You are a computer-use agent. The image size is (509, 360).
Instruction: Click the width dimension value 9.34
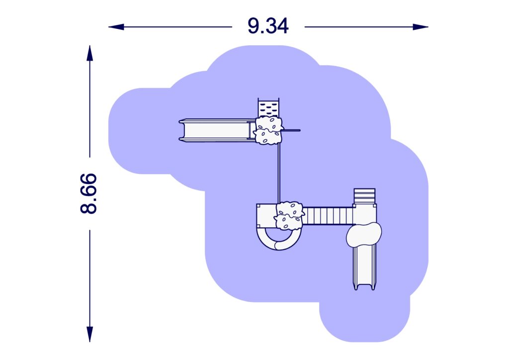point(268,26)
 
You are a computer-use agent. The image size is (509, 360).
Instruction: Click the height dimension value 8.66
point(88,193)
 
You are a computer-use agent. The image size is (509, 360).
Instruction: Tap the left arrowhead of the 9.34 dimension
point(116,27)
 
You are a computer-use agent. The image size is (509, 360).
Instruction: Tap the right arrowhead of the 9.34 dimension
point(421,27)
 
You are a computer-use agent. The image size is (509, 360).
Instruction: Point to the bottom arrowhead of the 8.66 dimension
point(90,334)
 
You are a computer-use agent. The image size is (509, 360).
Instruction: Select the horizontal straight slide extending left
point(217,130)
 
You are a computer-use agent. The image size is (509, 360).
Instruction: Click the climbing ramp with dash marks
point(268,108)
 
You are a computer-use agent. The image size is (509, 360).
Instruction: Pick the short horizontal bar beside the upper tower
point(291,130)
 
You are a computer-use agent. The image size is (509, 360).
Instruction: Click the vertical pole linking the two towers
point(278,174)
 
